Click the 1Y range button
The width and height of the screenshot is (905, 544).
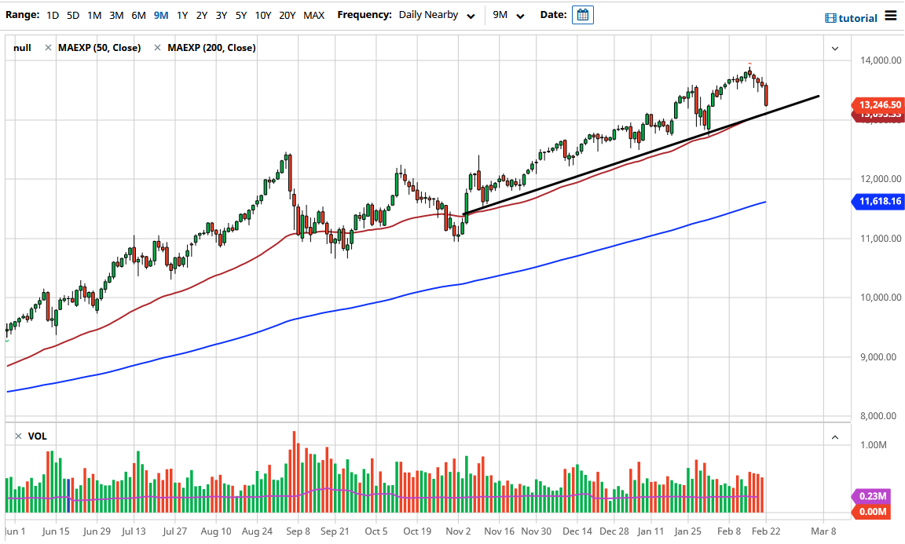181,15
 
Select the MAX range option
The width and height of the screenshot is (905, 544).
313,15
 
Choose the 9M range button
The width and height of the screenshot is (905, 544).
161,15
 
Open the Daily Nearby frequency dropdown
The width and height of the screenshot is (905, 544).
437,15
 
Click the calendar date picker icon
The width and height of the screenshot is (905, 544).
583,15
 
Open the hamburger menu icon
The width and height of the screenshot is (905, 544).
890,16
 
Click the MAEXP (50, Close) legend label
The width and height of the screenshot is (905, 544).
99,48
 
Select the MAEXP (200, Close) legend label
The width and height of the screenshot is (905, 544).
211,48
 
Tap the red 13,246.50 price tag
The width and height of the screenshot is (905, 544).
879,104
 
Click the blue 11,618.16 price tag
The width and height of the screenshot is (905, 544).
879,202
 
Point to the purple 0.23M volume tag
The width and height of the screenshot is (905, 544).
872,496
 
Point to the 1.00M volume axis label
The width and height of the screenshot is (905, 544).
874,445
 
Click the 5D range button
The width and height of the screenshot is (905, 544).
72,15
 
